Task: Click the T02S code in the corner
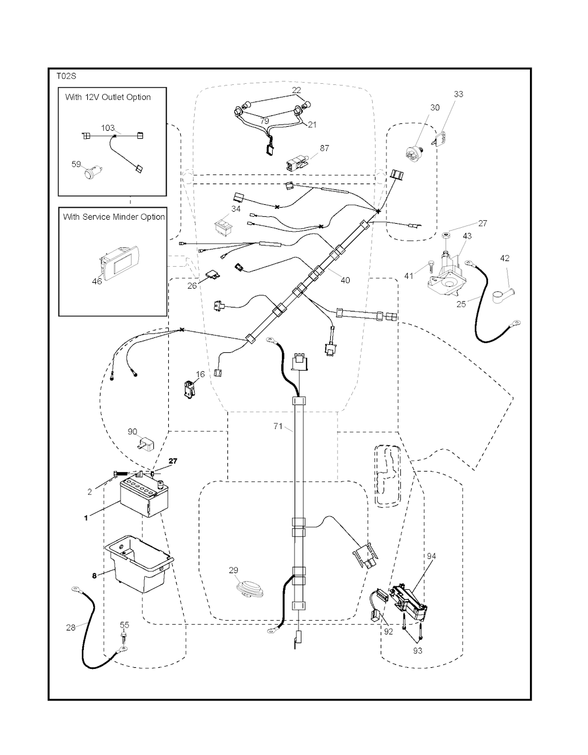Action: tap(66, 75)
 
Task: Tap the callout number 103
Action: tap(108, 128)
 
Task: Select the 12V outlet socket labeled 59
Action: tap(91, 172)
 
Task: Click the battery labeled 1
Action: tap(144, 497)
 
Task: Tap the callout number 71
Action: tap(278, 426)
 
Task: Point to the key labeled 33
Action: tap(440, 138)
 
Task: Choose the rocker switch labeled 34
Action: tap(223, 226)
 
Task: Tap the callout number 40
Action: tap(345, 281)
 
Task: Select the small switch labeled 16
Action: tap(189, 388)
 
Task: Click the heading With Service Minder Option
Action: tap(114, 217)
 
